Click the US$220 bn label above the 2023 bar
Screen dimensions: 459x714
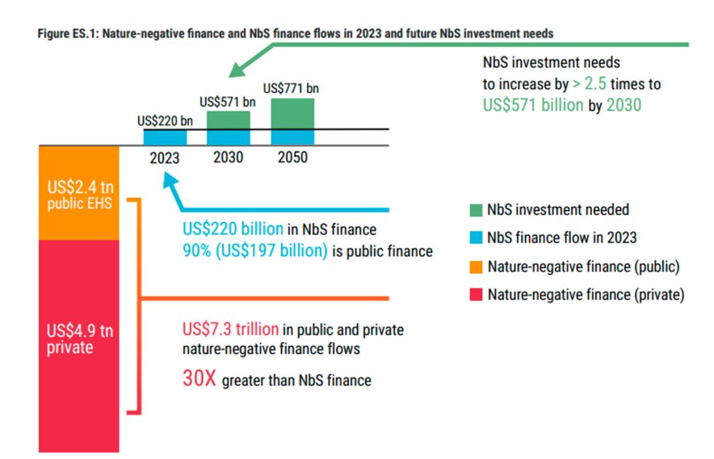[x=165, y=121]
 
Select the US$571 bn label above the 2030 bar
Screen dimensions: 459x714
[x=228, y=102]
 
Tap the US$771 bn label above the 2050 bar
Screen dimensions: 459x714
[x=291, y=88]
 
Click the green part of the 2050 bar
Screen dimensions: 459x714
[x=292, y=114]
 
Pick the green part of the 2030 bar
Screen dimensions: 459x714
[x=228, y=120]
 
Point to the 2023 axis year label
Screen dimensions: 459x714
[x=165, y=158]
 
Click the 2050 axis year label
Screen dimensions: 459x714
[x=292, y=157]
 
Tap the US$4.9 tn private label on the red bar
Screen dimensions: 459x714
[x=70, y=339]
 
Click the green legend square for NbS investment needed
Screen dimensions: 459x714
[x=476, y=210]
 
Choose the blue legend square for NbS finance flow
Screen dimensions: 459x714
[x=476, y=238]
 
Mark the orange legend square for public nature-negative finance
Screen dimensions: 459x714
[x=476, y=266]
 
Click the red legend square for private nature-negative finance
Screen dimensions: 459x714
[x=476, y=295]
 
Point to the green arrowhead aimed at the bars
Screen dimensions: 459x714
[x=236, y=70]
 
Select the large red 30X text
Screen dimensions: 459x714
[x=199, y=379]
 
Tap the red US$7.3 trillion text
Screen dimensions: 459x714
[x=231, y=329]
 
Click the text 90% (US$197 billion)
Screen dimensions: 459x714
[x=255, y=251]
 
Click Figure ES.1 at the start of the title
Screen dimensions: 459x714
[x=68, y=33]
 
